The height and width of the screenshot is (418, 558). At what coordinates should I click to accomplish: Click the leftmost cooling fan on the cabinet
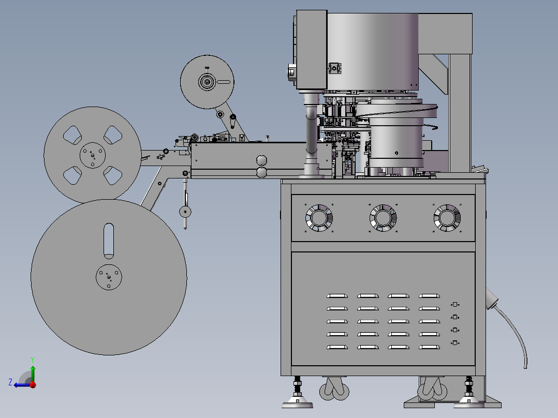point(319,218)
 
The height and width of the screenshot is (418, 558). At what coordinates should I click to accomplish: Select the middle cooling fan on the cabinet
point(383,218)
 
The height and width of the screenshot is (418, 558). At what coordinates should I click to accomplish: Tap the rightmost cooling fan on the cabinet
point(447,218)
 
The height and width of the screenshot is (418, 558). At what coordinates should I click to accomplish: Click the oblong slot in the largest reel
point(109,241)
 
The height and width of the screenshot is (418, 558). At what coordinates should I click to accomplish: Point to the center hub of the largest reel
point(109,277)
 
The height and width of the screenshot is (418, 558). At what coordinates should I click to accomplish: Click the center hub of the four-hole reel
point(93,155)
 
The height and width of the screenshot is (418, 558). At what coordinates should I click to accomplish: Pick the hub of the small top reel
point(207,82)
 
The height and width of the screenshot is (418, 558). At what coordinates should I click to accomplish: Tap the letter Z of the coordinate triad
point(10,382)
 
